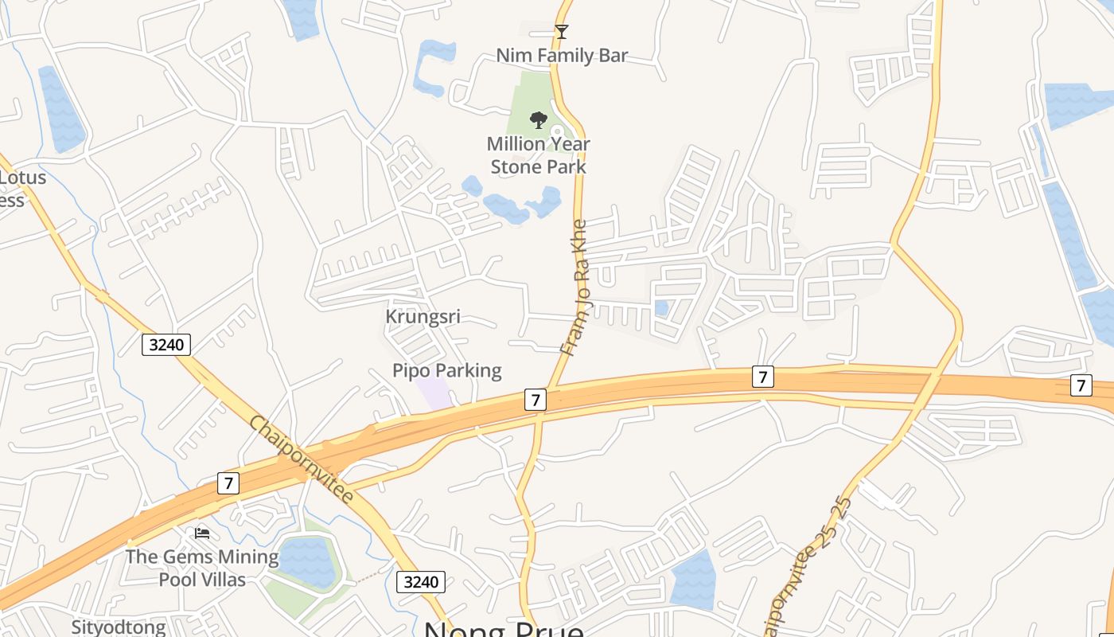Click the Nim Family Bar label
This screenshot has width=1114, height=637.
click(x=562, y=56)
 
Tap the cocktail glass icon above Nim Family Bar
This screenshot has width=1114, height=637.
click(x=562, y=32)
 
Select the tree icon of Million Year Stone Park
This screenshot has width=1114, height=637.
click(x=539, y=120)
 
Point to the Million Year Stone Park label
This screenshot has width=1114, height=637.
click(x=539, y=155)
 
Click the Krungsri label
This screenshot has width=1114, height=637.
click(x=423, y=317)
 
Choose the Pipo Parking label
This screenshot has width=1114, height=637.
click(x=447, y=370)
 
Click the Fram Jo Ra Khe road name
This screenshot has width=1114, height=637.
click(x=575, y=287)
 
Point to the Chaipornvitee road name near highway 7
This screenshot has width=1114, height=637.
click(x=302, y=459)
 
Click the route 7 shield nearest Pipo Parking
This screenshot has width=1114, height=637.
click(x=536, y=400)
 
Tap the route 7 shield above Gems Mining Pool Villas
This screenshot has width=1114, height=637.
click(x=228, y=483)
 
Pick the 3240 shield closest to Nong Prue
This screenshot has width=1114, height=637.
click(x=421, y=582)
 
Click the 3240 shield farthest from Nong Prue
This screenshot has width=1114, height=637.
click(x=167, y=345)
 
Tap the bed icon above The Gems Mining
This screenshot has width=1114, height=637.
click(x=202, y=533)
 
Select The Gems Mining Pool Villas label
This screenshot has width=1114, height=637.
click(x=202, y=568)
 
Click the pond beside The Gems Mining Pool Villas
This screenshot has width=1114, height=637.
click(x=306, y=561)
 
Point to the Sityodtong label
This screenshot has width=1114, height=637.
click(x=119, y=627)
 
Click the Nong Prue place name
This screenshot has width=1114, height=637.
click(x=504, y=629)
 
